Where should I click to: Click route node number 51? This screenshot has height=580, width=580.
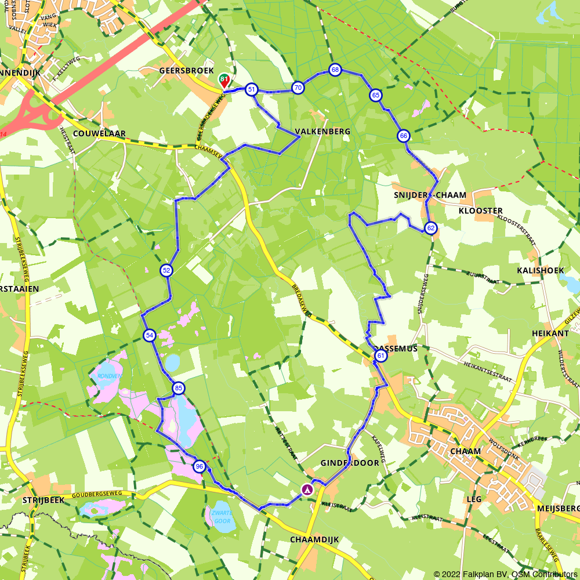click(x=251, y=89)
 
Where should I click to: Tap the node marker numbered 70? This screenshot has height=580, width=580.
click(x=298, y=88)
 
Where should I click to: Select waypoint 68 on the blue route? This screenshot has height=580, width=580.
click(x=335, y=70)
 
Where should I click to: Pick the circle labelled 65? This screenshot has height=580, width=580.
click(x=376, y=95)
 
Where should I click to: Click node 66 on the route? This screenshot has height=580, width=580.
click(x=404, y=136)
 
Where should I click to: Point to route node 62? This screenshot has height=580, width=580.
click(x=430, y=228)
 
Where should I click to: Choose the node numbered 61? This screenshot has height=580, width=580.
click(x=380, y=356)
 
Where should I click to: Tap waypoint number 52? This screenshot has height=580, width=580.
click(x=166, y=270)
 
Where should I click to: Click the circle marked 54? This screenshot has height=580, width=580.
click(x=150, y=335)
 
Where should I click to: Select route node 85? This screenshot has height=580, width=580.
click(x=179, y=388)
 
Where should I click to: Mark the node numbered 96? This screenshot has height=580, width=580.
click(x=200, y=466)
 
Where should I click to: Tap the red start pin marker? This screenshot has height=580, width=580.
click(x=223, y=80)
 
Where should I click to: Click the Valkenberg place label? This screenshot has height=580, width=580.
click(x=322, y=132)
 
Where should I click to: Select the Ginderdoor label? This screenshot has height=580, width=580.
click(x=350, y=463)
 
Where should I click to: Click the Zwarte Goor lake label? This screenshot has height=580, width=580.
click(x=222, y=517)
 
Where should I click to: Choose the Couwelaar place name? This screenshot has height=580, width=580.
click(x=99, y=133)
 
